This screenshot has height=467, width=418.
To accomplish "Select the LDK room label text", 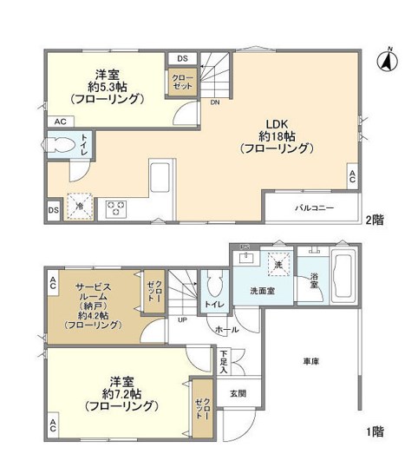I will pyautogui.click(x=275, y=123).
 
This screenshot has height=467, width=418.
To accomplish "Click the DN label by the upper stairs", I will pyautogui.click(x=214, y=102).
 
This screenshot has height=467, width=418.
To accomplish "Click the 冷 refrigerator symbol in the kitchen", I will pyautogui.click(x=79, y=207).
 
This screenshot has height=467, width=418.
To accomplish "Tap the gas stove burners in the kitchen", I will pyautogui.click(x=115, y=207).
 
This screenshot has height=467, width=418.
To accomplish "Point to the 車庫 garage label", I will pyautogui.click(x=310, y=360).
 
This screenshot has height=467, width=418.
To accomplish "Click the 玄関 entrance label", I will pyautogui.click(x=237, y=393).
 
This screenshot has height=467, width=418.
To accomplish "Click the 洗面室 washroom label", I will pyautogui.click(x=263, y=292).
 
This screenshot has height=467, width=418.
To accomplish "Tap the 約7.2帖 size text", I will pyautogui.click(x=120, y=393).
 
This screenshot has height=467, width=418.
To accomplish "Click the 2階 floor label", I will pyautogui.click(x=375, y=220).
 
